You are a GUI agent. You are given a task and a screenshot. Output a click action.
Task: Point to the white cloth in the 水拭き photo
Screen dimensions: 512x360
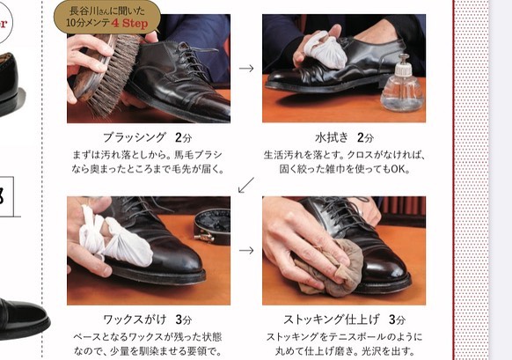point(325,49)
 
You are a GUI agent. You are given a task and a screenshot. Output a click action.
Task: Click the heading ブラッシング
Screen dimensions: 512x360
point(135,137)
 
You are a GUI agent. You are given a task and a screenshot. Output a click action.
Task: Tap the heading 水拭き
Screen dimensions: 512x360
point(332,137)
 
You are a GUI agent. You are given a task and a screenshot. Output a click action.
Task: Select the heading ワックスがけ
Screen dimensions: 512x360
point(135,320)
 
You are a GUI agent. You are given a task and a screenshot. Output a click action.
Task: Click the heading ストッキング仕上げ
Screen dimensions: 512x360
point(332,320)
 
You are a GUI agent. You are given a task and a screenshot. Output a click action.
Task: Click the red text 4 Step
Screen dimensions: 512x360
point(129,23)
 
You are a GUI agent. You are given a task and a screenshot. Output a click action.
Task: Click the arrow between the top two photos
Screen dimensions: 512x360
point(246,69)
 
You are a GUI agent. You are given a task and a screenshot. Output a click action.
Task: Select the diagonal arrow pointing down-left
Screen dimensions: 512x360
point(245,185)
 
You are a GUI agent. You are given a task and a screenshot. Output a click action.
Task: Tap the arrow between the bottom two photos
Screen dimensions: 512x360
point(246,251)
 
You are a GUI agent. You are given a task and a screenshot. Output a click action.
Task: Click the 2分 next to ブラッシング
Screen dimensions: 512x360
point(183,137)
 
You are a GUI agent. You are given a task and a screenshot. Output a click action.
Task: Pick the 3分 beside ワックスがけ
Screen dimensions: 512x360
point(184,320)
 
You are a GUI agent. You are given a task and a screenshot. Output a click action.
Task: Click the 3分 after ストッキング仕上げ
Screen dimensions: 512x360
point(397,320)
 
